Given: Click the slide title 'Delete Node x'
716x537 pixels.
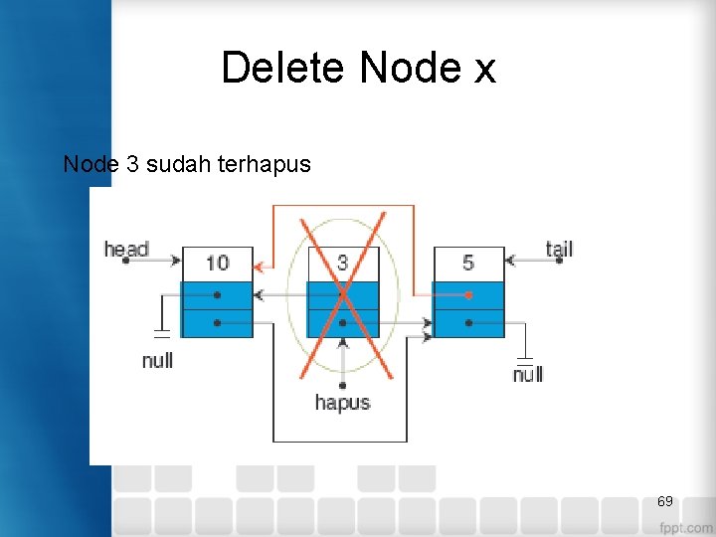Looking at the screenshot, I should tap(358, 68).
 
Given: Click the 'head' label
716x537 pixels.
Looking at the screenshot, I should tap(126, 249).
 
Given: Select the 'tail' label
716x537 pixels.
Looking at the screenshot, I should tap(559, 248).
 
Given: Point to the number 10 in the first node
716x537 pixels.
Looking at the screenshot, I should tap(217, 263).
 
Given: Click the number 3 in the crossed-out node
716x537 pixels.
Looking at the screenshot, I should tap(342, 263).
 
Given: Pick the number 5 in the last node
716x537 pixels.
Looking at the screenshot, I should tap(468, 263).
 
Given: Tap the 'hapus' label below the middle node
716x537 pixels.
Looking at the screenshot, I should tap(342, 402).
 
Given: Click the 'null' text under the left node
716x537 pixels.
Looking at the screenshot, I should tap(157, 360).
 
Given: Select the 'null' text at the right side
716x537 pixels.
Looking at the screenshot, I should tap(528, 374).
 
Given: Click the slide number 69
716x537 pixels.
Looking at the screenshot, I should tap(665, 501).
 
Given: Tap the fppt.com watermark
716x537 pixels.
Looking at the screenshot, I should tap(685, 526).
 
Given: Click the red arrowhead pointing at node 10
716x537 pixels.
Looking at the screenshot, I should tap(259, 267).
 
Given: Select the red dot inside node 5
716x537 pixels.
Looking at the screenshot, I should tap(468, 295).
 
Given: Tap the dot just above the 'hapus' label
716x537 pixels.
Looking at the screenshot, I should tap(342, 385).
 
